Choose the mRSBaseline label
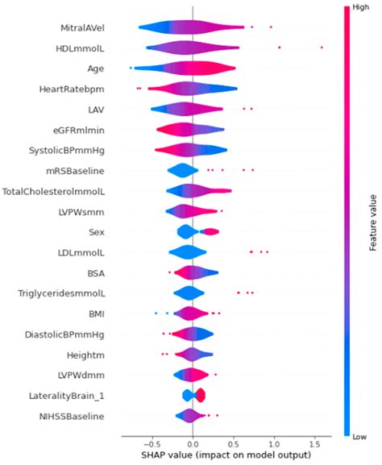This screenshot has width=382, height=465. coord(81,171)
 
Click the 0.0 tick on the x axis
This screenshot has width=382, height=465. coord(192,443)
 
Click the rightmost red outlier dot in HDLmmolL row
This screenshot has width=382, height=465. coord(322,48)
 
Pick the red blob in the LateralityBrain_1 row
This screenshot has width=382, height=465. coord(201,395)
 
